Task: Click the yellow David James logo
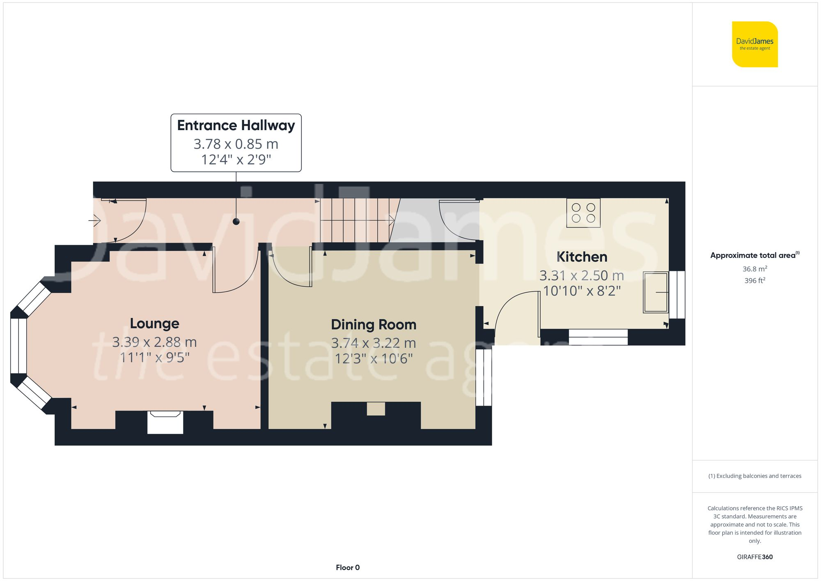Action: [x=754, y=44]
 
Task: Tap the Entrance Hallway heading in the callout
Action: [x=236, y=125]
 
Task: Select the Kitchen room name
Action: [x=582, y=257]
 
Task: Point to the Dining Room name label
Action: [x=374, y=325]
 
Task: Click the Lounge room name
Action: [x=154, y=324]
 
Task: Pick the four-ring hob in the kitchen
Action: [x=583, y=213]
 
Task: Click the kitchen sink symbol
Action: [x=656, y=292]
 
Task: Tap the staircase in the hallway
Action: [x=355, y=220]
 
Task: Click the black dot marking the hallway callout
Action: [x=236, y=222]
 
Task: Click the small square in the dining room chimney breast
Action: [x=376, y=409]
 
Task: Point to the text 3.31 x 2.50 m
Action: [x=582, y=276]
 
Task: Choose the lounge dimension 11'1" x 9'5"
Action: [x=154, y=358]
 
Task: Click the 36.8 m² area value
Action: [x=754, y=269]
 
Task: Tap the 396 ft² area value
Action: [x=754, y=281]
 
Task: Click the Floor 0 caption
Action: [x=348, y=567]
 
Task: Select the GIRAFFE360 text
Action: [x=754, y=557]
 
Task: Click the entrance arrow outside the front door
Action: [x=95, y=221]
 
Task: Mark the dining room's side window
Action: [x=484, y=377]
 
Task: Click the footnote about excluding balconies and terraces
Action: [x=754, y=476]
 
